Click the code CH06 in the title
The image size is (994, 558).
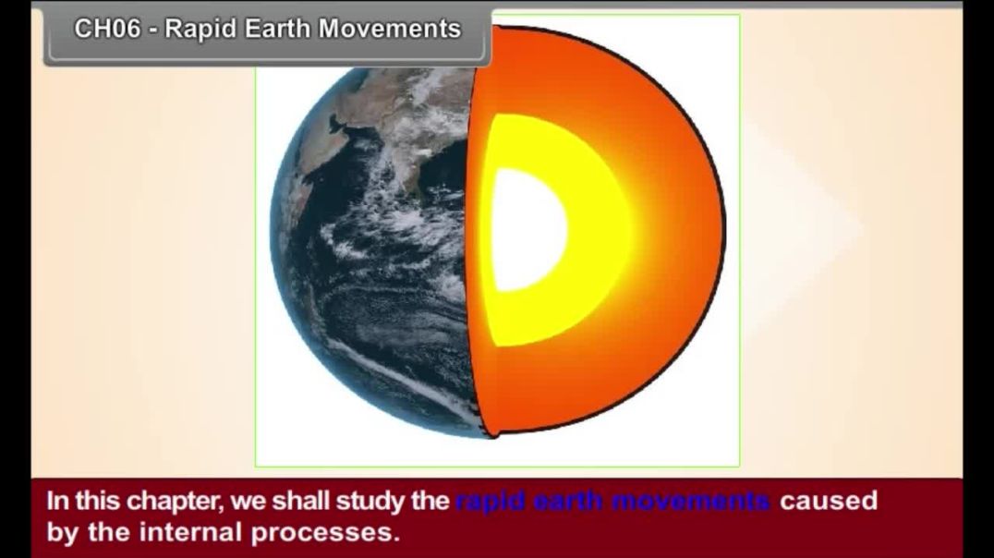tap(107, 30)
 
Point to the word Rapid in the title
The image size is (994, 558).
tap(201, 30)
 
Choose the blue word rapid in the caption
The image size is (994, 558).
tap(489, 502)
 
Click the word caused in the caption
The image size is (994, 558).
tap(828, 502)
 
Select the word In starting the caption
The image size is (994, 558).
tap(56, 502)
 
